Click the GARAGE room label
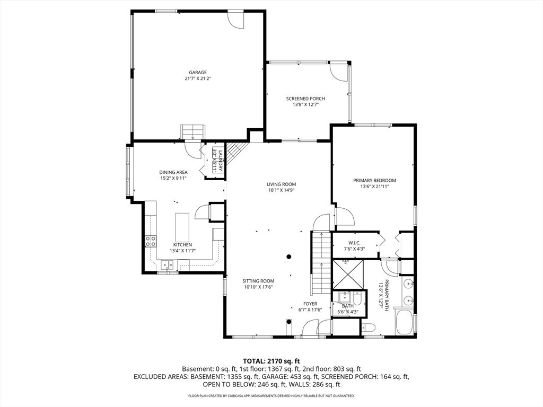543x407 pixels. click(x=198, y=72)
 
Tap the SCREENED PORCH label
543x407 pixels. click(x=305, y=99)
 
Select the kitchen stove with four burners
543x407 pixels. click(x=151, y=241)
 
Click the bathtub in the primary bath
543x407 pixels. click(x=405, y=322)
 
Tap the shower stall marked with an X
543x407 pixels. click(x=348, y=274)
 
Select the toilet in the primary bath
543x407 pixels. click(x=369, y=327)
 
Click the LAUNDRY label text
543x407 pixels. click(x=220, y=160)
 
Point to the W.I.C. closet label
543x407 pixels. click(x=354, y=243)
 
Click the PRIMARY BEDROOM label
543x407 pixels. click(x=375, y=180)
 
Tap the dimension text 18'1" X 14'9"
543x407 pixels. click(x=281, y=190)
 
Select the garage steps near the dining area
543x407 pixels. click(x=193, y=132)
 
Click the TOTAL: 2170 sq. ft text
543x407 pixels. click(x=271, y=361)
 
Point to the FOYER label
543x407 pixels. click(x=310, y=304)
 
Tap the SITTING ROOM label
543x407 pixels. click(x=258, y=281)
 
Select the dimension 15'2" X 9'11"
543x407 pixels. click(x=173, y=178)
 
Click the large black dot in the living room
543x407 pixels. click(x=289, y=257)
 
